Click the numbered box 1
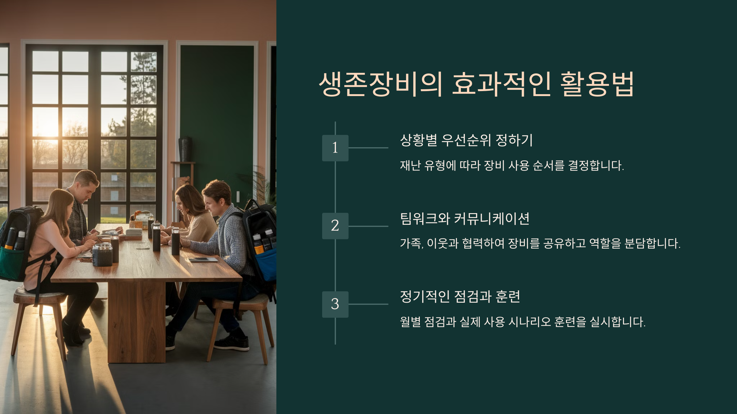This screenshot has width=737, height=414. point(335,148)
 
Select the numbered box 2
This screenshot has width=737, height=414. point(335,226)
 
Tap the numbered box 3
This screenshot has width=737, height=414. point(335,304)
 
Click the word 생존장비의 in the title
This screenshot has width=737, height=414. point(381,84)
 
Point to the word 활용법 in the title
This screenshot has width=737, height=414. point(597,84)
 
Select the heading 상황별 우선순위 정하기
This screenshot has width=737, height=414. point(466,140)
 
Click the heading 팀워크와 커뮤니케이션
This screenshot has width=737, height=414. point(465,219)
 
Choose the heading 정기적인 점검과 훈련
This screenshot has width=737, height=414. point(460,297)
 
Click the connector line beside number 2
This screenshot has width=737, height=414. point(368,226)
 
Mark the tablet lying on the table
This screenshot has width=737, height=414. point(203,260)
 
